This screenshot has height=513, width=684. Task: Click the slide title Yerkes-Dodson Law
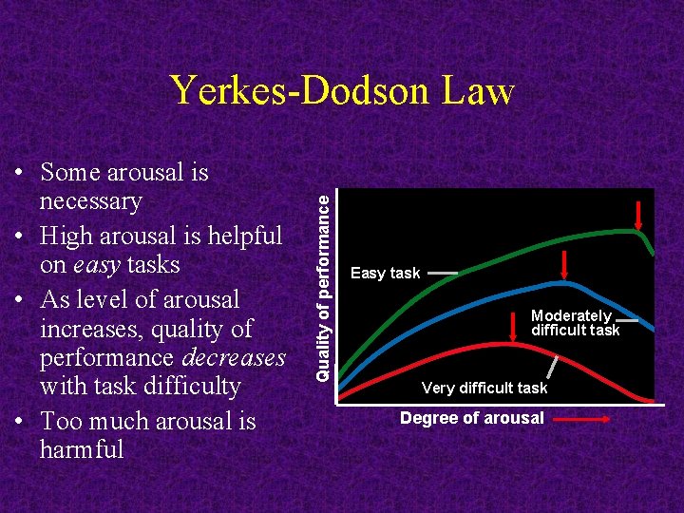[x=342, y=90]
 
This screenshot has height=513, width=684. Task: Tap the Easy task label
[x=385, y=274]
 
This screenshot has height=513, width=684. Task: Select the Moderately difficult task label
[x=574, y=323]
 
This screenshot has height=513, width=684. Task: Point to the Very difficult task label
[x=484, y=388]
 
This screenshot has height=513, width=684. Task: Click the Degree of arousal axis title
[x=471, y=418]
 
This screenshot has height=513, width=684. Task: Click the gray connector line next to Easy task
[x=442, y=274]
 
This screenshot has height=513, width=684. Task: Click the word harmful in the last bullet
[x=82, y=449]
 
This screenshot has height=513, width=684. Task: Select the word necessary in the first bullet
[x=90, y=201]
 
